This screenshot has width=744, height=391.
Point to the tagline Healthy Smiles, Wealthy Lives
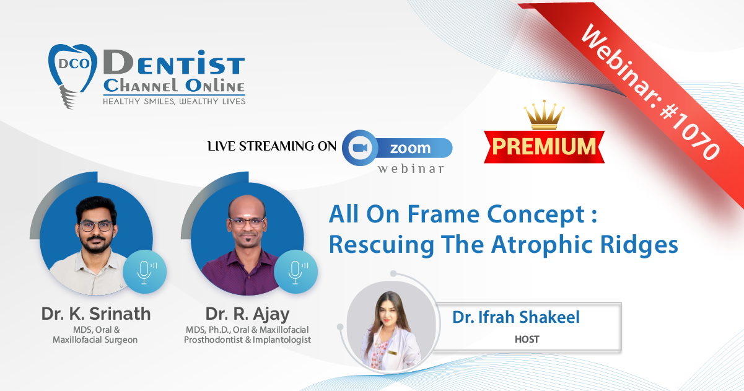[174, 102]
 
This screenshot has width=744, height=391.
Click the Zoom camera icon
[360, 147]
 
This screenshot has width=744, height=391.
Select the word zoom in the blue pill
[410, 148]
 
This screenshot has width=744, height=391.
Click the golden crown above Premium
[544, 115]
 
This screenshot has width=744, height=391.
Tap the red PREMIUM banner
[544, 147]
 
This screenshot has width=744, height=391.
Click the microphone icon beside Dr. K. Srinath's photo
[144, 272]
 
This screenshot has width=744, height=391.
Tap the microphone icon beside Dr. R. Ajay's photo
[295, 272]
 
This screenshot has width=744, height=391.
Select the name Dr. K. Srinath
[95, 314]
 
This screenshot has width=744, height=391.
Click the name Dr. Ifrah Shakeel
[516, 317]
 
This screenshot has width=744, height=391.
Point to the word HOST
[527, 339]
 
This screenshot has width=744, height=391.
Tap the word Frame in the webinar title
[444, 214]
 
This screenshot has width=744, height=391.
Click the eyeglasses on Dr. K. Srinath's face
[96, 226]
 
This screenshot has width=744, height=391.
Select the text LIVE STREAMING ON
[272, 146]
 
